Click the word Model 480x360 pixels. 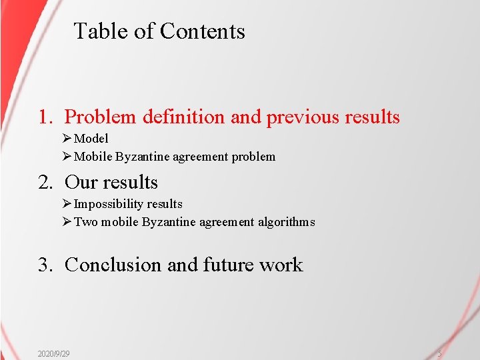point(91,139)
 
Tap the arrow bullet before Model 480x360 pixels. point(67,139)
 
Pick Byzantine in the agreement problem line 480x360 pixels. point(142,157)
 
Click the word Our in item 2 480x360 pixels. point(81,182)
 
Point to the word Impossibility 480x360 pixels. point(109,204)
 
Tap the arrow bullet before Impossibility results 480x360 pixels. point(67,204)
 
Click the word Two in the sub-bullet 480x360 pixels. point(84,222)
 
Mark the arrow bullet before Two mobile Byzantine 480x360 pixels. point(67,222)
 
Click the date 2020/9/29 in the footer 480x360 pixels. point(54,353)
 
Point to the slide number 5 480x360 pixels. point(439,353)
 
